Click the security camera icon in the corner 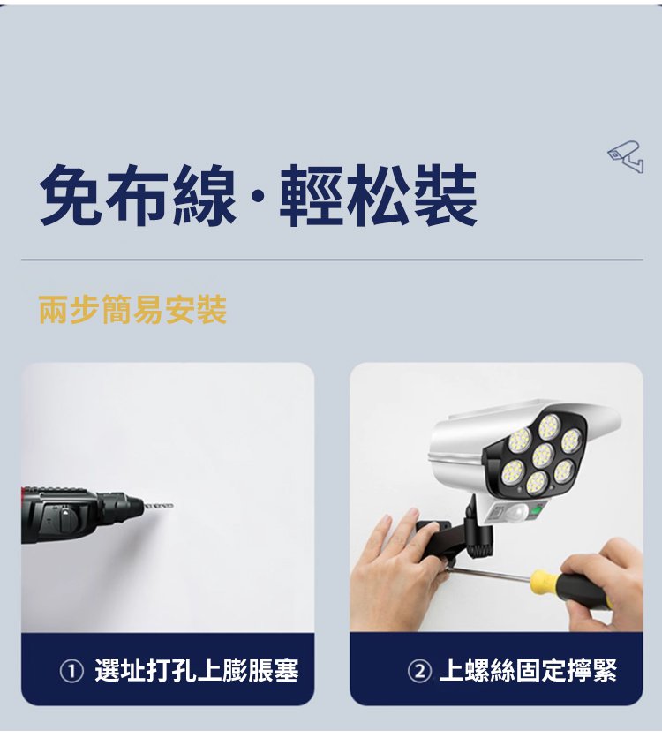[x=626, y=156]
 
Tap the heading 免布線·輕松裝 [x=259, y=195]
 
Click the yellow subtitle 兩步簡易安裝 [x=132, y=310]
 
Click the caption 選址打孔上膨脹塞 [x=197, y=671]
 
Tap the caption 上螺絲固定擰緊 [x=528, y=671]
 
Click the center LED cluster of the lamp [x=542, y=455]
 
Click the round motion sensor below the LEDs [x=519, y=511]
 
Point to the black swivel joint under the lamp [x=480, y=531]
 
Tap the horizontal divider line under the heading [x=332, y=260]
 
